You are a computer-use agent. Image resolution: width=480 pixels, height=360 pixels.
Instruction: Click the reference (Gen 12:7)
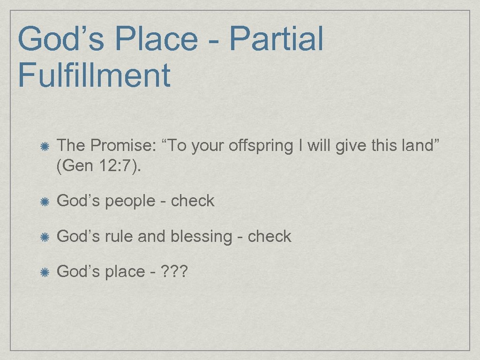98,166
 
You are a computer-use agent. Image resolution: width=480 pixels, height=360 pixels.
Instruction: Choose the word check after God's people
193,201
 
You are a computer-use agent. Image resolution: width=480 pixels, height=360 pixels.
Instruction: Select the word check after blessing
270,237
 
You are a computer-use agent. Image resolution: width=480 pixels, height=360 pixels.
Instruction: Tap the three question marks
174,272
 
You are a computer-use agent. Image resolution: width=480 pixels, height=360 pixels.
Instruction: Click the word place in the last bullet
124,272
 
